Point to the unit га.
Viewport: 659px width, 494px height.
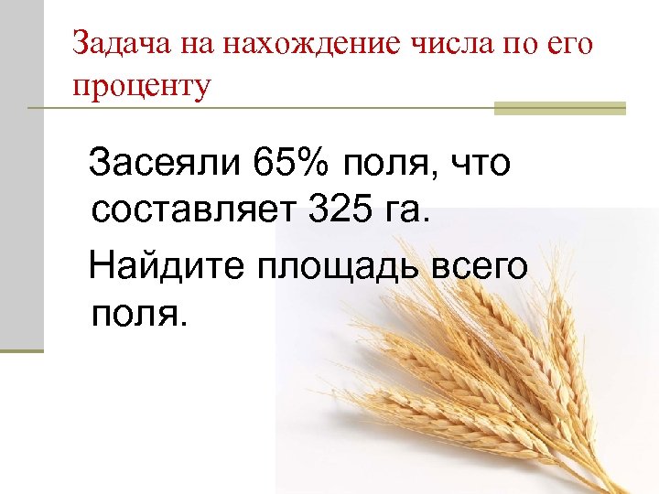pos(405,215)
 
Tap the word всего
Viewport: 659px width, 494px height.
pos(480,267)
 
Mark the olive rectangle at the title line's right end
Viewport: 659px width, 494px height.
pos(559,108)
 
